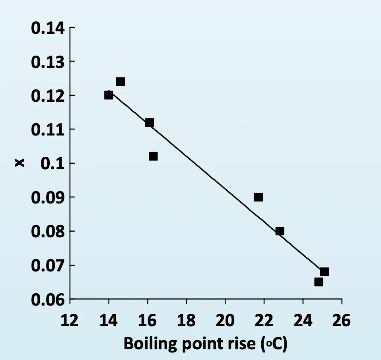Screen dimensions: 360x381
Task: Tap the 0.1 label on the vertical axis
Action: pyautogui.click(x=53, y=163)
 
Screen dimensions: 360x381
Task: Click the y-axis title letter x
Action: pyautogui.click(x=19, y=163)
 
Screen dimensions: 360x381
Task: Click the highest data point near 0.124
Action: pyautogui.click(x=121, y=81)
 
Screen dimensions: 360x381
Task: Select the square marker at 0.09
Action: pyautogui.click(x=259, y=197)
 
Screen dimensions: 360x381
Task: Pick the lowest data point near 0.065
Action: pyautogui.click(x=319, y=282)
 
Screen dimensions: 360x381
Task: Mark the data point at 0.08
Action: pyautogui.click(x=280, y=231)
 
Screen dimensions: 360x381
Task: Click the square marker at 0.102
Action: pyautogui.click(x=153, y=156)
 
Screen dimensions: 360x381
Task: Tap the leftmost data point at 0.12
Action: pyautogui.click(x=109, y=95)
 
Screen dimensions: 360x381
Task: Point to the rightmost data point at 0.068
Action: pyautogui.click(x=325, y=272)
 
